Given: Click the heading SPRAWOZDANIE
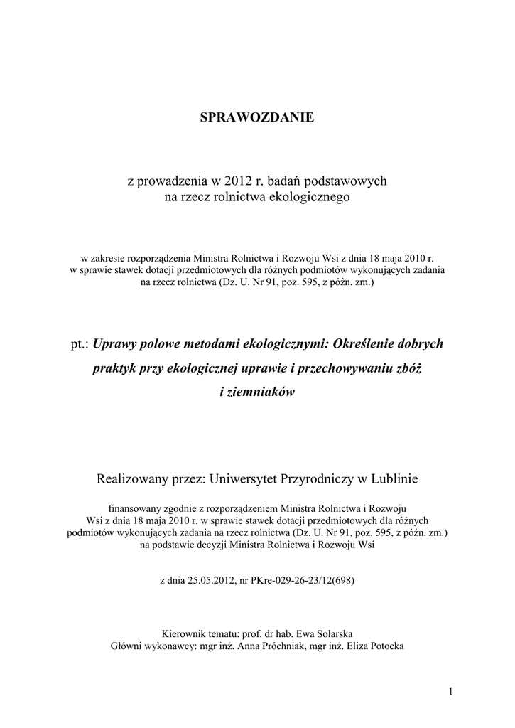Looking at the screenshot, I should click(x=257, y=117).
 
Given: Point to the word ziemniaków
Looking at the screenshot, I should click(x=257, y=392).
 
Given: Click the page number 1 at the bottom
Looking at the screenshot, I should click(x=451, y=692).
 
